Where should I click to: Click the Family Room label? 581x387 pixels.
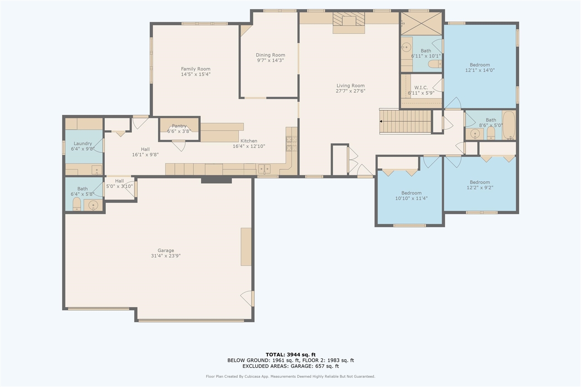point(196,69)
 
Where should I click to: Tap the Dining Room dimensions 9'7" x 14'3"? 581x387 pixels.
point(270,60)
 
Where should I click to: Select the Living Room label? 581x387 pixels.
point(350,86)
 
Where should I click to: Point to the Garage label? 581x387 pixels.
point(166,250)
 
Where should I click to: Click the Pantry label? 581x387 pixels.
point(179,126)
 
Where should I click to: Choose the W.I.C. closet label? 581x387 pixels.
point(421,88)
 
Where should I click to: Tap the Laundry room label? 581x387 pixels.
point(83,143)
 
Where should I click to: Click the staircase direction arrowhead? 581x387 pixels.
point(381,121)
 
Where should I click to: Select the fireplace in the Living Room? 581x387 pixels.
point(349,23)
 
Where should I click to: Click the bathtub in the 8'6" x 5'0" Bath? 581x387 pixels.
point(509,126)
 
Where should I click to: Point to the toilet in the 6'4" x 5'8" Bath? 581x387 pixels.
point(77,204)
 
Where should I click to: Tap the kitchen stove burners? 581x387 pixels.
point(291,144)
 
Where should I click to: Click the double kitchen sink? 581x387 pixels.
point(264,169)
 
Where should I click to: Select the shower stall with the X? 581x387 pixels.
point(421,24)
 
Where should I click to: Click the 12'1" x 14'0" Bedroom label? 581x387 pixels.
point(480,65)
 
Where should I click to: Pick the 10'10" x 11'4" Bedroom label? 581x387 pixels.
point(411,193)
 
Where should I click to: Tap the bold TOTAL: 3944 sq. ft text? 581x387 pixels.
point(290,355)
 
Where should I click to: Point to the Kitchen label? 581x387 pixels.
point(249,141)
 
